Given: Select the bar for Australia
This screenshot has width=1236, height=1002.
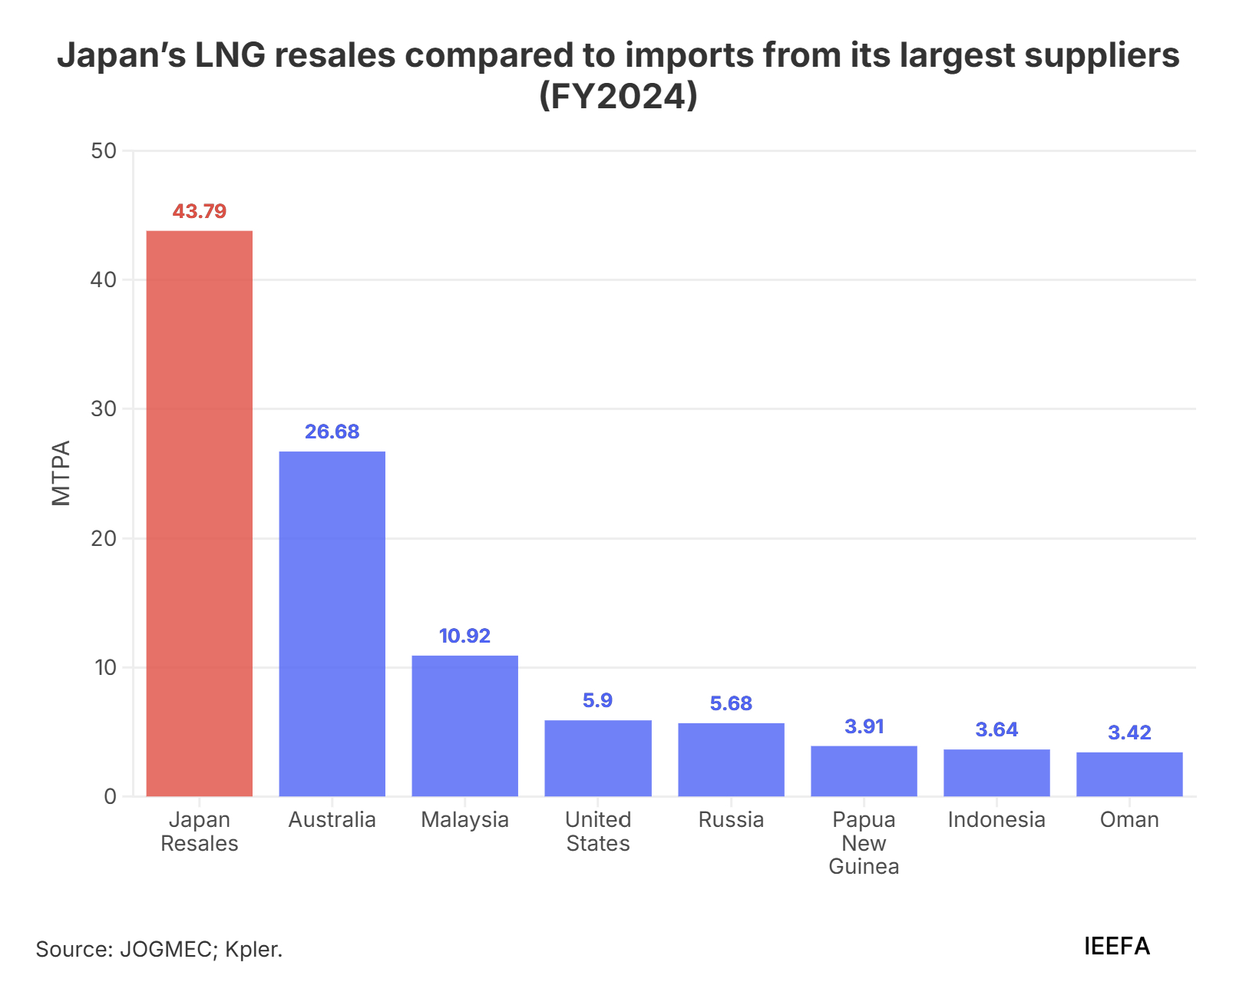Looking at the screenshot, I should (332, 623).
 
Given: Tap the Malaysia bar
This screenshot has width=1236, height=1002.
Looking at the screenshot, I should (464, 726).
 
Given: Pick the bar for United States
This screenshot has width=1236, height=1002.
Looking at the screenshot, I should (598, 758).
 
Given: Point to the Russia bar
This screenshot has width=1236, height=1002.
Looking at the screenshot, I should (731, 759).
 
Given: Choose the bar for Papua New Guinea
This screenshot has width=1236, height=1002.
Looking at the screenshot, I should (864, 771).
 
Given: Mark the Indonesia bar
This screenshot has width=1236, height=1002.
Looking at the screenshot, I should (996, 772).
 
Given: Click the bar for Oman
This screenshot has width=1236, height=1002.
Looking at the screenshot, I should (1129, 774).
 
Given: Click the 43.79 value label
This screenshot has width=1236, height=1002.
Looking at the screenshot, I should (200, 211).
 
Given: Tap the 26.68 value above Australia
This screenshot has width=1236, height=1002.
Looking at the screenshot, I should (332, 432).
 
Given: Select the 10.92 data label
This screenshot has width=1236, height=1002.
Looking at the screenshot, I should (464, 636).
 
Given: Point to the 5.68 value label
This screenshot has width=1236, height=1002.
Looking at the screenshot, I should (731, 703).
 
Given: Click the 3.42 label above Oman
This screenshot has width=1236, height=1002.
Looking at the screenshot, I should (1129, 732).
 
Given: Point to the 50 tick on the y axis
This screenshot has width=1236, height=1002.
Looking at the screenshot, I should (104, 150).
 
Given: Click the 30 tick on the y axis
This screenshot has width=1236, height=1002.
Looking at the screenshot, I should (104, 408).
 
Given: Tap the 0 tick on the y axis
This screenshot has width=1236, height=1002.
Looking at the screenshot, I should (111, 796).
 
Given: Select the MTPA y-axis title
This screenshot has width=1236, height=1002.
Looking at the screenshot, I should (61, 473).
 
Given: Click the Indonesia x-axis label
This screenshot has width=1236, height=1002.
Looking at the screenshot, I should (996, 820).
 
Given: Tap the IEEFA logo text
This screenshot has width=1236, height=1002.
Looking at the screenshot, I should (1117, 946).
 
